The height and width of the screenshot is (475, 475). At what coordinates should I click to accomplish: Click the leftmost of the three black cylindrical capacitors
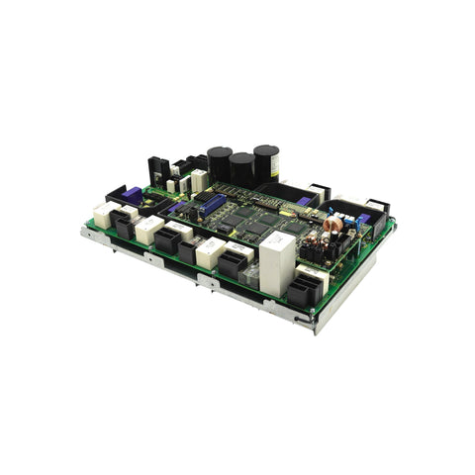click(x=219, y=162)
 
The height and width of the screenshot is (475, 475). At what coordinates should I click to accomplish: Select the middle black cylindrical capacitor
click(x=241, y=167)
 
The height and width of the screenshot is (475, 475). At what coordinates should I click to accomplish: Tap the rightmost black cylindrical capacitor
click(x=265, y=161)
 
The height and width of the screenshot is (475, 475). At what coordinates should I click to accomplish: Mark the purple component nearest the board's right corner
click(x=362, y=219)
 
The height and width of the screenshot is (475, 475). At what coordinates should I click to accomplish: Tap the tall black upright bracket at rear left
click(x=154, y=170)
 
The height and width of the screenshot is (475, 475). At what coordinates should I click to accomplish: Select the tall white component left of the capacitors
click(x=199, y=179)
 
